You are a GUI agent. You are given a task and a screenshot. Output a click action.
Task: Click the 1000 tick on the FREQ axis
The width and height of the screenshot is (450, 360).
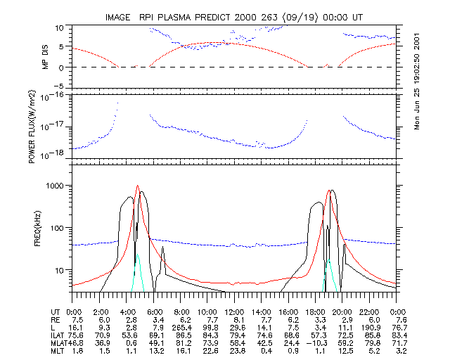[54, 186]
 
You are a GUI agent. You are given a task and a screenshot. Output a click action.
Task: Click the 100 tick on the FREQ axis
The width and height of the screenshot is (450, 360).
[56, 228]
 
